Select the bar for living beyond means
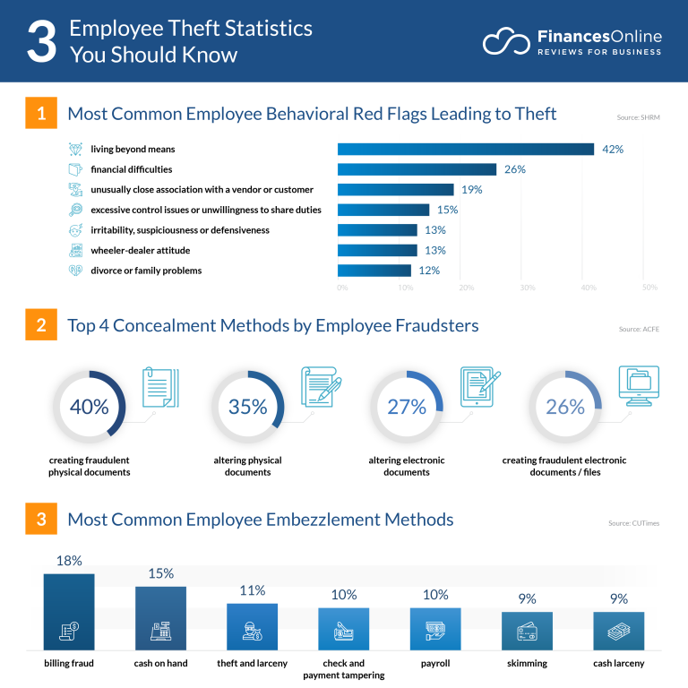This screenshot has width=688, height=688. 465,149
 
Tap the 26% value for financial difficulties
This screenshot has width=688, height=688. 514,169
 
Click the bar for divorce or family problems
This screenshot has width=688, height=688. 374,271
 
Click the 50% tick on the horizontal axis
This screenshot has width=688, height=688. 649,288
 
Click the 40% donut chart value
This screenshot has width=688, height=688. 89,407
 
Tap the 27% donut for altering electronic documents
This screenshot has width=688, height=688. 406,407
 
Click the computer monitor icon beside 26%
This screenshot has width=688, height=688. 638,386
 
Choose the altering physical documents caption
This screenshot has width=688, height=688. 247,466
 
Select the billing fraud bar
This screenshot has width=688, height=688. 69,612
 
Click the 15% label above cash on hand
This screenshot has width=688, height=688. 161,573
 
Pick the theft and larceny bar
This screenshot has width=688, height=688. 252,626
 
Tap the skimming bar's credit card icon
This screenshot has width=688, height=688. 527,632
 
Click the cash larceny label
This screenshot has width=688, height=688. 618,663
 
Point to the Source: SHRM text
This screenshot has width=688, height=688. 639,117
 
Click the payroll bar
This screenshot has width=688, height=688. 435,629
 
